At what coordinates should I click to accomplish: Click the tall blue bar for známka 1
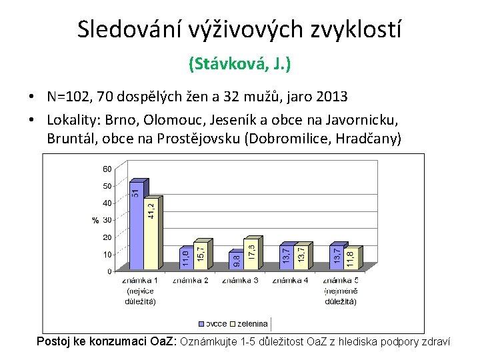[x=137, y=227]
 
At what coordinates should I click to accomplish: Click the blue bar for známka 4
[x=286, y=260]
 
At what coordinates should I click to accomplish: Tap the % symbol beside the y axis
[x=95, y=220]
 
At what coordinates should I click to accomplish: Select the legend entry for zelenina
[x=250, y=324]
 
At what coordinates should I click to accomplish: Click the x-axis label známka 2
[x=191, y=281]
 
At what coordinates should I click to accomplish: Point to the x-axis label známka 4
[x=290, y=281]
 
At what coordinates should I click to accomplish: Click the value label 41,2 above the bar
[x=151, y=206]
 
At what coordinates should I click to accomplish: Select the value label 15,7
[x=201, y=251]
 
